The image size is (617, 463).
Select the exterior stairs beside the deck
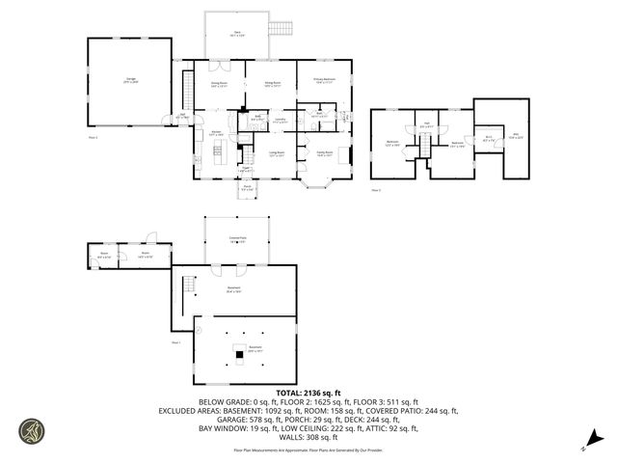(x=280, y=28)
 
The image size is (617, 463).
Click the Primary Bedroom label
(x=323, y=81)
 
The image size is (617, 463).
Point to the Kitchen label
(x=217, y=133)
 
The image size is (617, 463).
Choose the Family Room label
(x=324, y=153)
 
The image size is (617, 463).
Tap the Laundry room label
(x=279, y=122)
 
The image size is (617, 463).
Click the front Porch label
(x=247, y=188)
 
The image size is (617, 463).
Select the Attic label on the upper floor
(x=516, y=136)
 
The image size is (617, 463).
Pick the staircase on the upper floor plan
(x=420, y=145)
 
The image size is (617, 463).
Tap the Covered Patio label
(x=237, y=240)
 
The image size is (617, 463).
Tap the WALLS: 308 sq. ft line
(x=308, y=435)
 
